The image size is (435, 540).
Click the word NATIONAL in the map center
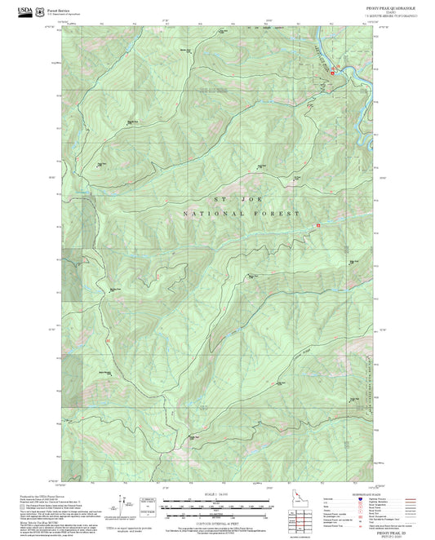tap(204, 213)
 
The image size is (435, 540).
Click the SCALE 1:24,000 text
tap(218, 494)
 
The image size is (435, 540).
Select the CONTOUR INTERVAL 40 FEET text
tap(218, 516)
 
